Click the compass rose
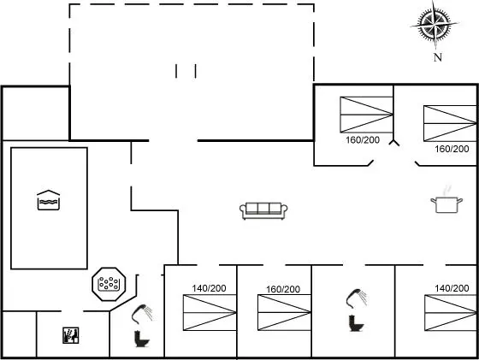click(x=435, y=24)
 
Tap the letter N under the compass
click(x=438, y=57)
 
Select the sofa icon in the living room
click(x=263, y=210)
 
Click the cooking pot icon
click(x=446, y=204)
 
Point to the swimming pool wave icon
click(x=48, y=200)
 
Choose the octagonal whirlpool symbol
click(x=109, y=284)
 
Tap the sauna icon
click(x=70, y=335)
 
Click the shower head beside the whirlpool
click(x=142, y=314)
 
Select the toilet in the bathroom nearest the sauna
click(x=142, y=339)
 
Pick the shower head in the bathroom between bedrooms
click(x=357, y=298)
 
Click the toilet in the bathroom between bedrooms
click(x=356, y=323)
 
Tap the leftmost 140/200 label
click(x=209, y=288)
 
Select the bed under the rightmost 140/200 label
click(x=451, y=313)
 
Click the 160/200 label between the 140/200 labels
click(x=283, y=289)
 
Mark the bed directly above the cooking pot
click(x=450, y=123)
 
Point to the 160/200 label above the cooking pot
click(x=452, y=149)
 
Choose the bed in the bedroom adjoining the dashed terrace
click(x=367, y=115)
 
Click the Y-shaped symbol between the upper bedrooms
click(x=394, y=143)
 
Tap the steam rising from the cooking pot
click(x=446, y=190)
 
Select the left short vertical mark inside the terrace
click(x=176, y=71)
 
